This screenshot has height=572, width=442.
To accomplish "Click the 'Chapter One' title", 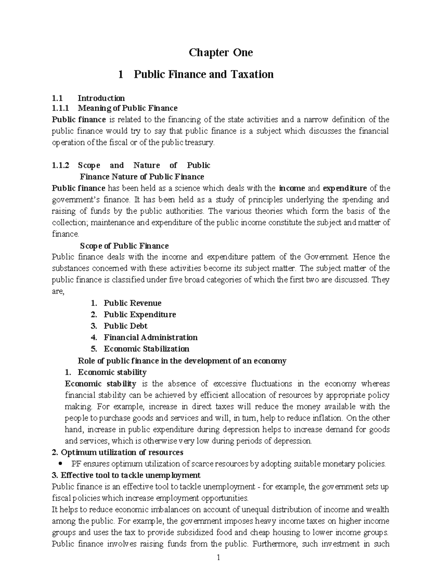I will (221, 53).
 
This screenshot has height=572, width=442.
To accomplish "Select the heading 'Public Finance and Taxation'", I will (203, 74).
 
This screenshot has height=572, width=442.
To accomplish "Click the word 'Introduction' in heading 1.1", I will (101, 98).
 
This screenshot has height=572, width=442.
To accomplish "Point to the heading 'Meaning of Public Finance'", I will (127, 108).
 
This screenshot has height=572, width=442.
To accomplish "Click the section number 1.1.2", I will (60, 165).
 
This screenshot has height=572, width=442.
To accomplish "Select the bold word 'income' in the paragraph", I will (292, 189).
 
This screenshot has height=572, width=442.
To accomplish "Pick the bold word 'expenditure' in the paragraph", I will (344, 189).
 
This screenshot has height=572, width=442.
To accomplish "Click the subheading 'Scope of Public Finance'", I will (124, 246).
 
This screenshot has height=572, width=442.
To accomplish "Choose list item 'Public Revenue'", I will (132, 303).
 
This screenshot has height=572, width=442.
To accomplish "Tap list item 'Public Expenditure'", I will (140, 315).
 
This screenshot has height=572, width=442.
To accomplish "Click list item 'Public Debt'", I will (125, 326).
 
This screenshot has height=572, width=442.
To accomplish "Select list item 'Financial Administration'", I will (150, 337).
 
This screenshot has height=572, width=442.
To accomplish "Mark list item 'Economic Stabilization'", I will (146, 349).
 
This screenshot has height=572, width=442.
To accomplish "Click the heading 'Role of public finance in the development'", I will (182, 361).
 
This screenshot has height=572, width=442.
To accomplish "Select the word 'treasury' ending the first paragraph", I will (200, 143).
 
